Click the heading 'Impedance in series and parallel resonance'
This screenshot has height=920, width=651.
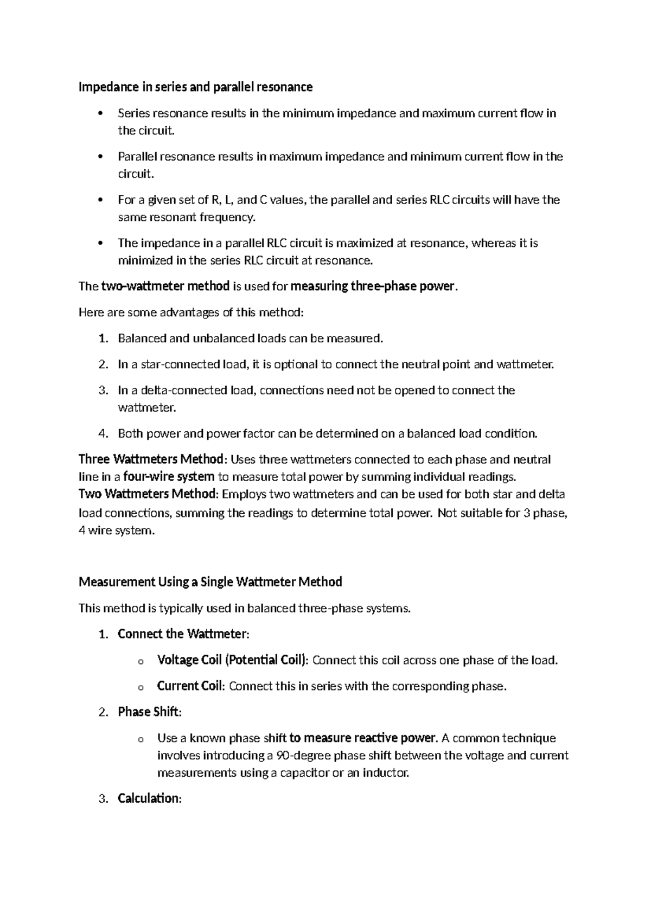pos(195,87)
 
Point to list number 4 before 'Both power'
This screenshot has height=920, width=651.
pos(103,434)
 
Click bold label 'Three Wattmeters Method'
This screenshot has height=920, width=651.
pos(151,460)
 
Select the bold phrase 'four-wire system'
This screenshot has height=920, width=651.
pos(169,477)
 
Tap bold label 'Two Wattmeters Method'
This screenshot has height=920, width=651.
pos(147,495)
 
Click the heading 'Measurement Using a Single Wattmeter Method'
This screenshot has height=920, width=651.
pos(210,582)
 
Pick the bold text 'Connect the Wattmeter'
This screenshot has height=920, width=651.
pos(182,634)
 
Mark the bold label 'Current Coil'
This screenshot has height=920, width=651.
pos(190,686)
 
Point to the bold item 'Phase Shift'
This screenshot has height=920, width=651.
pos(148,712)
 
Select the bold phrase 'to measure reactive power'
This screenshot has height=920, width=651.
pos(362,738)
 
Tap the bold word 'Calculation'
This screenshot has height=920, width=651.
pos(148,798)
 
